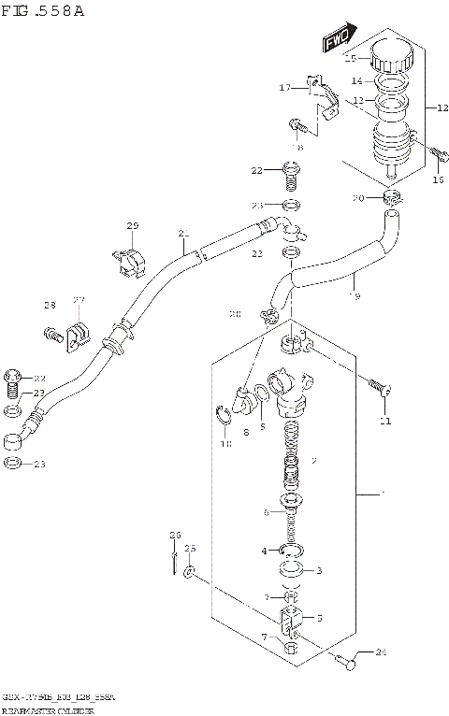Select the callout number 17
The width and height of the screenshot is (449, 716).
pos(284,89)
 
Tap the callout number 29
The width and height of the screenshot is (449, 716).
pos(132,227)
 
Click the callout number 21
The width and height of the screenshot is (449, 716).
pos(183,234)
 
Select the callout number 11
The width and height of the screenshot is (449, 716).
pos(384,422)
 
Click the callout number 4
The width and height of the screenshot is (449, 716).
pos(265,551)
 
